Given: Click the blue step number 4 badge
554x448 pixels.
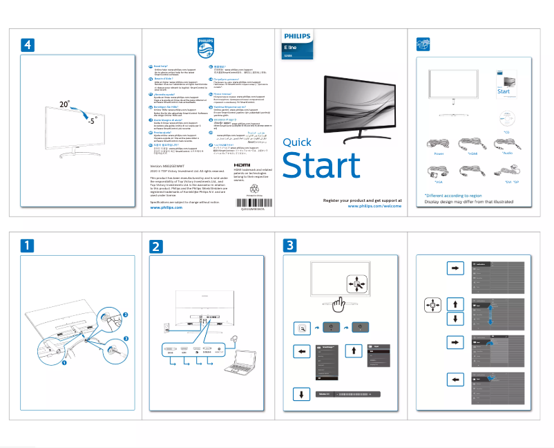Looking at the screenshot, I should pyautogui.click(x=26, y=44).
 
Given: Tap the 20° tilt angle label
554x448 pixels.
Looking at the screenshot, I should pyautogui.click(x=64, y=104).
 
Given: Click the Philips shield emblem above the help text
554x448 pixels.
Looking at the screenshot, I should pyautogui.click(x=205, y=48).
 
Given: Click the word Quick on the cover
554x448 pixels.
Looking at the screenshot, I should pyautogui.click(x=298, y=142).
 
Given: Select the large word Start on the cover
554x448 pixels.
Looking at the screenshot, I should pyautogui.click(x=321, y=166).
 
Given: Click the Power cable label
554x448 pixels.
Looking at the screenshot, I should pyautogui.click(x=439, y=155).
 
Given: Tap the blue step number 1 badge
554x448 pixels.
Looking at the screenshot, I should pyautogui.click(x=26, y=245).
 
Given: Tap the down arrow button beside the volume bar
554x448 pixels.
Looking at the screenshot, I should pyautogui.click(x=302, y=394).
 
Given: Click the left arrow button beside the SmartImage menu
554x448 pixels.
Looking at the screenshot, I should pyautogui.click(x=302, y=351).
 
